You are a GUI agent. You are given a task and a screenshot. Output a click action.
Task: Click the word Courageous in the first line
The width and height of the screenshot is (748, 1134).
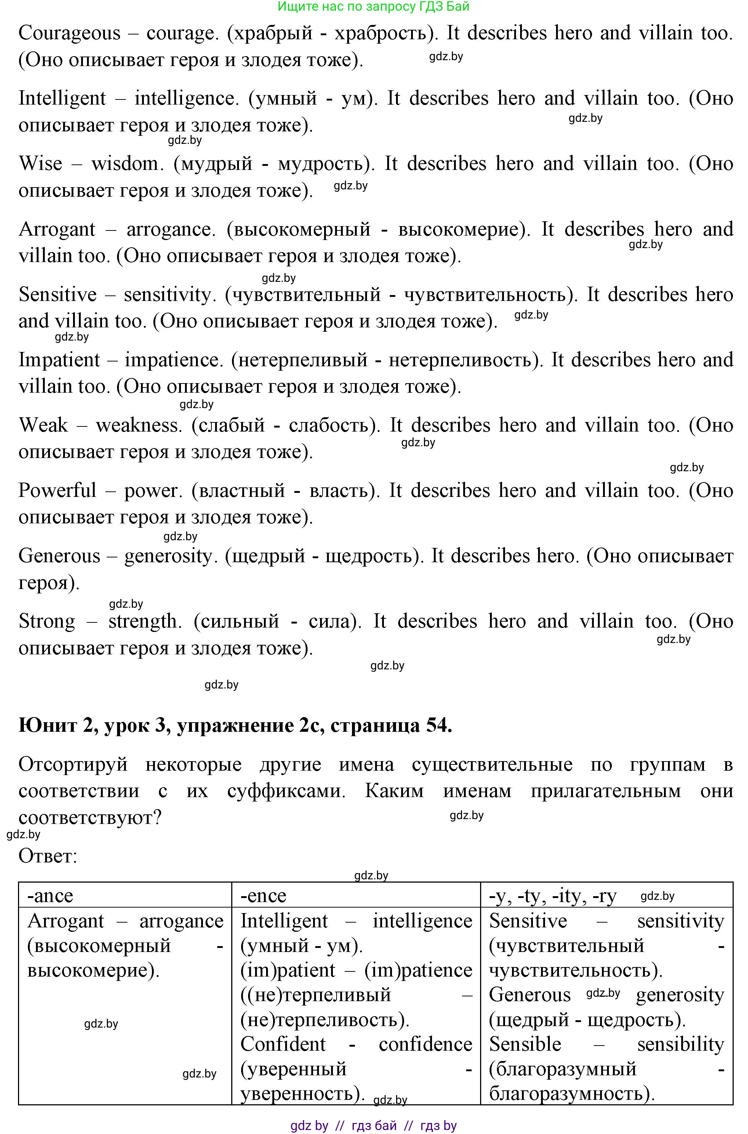click(x=70, y=33)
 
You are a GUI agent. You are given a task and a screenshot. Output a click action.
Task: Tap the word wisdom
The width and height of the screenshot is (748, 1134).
click(x=127, y=164)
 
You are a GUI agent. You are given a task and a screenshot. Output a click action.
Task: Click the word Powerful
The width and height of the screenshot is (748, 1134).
click(x=57, y=490)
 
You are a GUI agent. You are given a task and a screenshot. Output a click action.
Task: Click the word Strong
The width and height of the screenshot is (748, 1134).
click(x=47, y=621)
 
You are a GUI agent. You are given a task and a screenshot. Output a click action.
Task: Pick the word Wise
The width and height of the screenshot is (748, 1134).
click(x=40, y=164)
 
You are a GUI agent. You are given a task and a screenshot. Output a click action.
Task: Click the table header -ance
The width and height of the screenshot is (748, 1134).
click(x=50, y=895)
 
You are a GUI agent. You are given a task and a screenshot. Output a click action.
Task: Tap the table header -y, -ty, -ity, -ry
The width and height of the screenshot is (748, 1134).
click(x=552, y=895)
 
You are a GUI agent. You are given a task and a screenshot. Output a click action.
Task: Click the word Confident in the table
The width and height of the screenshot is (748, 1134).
click(x=283, y=1044)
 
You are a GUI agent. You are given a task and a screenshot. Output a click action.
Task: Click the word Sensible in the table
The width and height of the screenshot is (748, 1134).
click(x=525, y=1044)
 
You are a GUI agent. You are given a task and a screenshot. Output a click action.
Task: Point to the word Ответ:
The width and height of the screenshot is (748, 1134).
click(x=48, y=856)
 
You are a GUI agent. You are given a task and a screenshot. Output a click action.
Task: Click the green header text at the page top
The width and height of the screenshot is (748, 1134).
click(x=374, y=6)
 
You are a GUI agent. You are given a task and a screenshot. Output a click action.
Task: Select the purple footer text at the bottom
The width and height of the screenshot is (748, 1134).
click(x=374, y=1126)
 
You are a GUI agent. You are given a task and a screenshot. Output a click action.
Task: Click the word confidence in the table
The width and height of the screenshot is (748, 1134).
click(x=425, y=1044)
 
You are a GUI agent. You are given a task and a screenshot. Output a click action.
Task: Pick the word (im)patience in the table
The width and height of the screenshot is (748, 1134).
click(x=418, y=970)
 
